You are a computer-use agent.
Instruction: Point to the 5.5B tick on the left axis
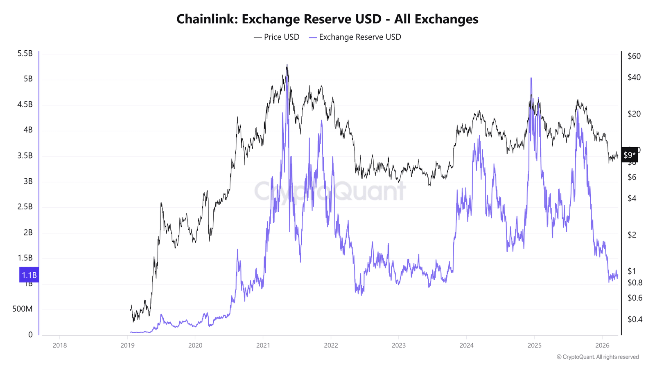coord(25,54)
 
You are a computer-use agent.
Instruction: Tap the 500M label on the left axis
coord(22,309)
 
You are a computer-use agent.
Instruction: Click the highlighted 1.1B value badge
coord(29,275)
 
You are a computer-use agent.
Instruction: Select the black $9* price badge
coord(629,155)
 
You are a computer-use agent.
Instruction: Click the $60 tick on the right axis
coord(634,56)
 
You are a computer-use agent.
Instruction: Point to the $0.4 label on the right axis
coord(635,319)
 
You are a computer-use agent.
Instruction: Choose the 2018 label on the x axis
coord(60,346)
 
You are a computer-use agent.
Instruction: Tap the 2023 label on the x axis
coord(399,346)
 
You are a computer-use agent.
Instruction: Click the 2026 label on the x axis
coord(602,346)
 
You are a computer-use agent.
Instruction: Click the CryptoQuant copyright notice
coord(597,357)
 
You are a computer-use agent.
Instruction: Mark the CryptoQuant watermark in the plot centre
coord(330,191)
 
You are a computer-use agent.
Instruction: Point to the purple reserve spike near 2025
coord(531,79)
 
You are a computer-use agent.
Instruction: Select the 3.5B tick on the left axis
coord(25,156)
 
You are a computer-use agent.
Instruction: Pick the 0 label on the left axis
coord(30,335)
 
